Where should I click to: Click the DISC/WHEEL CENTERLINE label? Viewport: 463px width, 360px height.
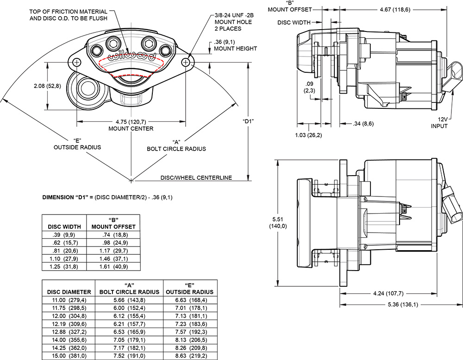[196, 177]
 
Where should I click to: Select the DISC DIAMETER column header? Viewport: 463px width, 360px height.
[69, 292]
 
